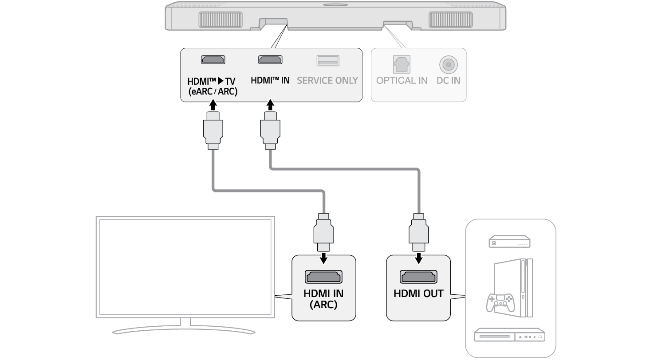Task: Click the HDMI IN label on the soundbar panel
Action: click(270, 80)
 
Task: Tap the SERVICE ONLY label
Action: click(327, 80)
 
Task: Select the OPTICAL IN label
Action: click(402, 80)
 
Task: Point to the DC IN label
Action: click(449, 80)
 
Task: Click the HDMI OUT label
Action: click(418, 293)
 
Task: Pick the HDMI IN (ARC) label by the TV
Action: click(323, 299)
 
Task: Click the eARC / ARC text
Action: click(213, 92)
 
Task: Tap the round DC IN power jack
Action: click(449, 65)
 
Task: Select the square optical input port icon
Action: click(402, 64)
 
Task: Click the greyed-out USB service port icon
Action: click(327, 60)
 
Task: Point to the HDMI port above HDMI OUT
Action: click(418, 277)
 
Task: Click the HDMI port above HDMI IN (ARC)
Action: click(323, 277)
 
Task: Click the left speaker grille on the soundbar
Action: click(220, 20)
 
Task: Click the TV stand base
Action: click(184, 330)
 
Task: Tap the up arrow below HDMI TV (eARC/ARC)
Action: click(213, 106)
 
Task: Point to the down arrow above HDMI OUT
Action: click(418, 258)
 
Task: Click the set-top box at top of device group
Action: click(510, 242)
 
